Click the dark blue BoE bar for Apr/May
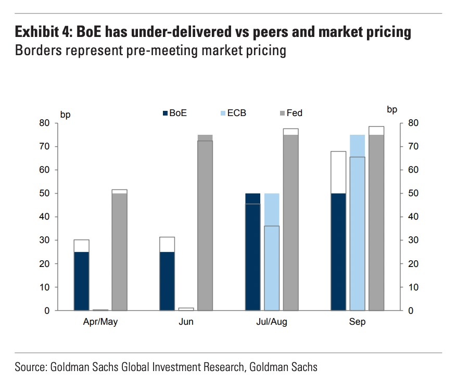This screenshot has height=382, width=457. pos(81,281)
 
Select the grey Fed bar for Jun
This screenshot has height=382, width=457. pos(205,224)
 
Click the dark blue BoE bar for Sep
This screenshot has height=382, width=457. pos(338,252)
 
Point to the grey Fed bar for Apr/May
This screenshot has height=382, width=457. pos(120,252)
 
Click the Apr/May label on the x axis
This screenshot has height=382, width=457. pos(100,322)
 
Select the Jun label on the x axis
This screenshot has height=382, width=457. pos(186,322)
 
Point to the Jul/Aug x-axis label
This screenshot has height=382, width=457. pos(272,322)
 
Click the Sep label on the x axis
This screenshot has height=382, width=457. pos(357,322)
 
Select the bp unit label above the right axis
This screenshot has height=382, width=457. pos(392,109)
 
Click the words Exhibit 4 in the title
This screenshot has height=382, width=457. pos(44,32)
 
